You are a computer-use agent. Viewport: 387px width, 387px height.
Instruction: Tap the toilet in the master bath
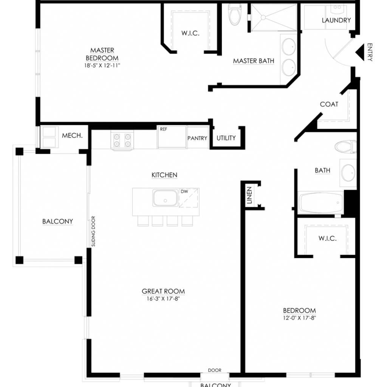pyautogui.click(x=235, y=14)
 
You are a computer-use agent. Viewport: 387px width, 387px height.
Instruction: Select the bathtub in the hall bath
pyautogui.click(x=320, y=203)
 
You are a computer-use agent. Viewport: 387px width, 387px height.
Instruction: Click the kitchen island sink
pyautogui.click(x=166, y=198)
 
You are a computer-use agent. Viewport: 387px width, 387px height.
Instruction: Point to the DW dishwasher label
pyautogui.click(x=184, y=192)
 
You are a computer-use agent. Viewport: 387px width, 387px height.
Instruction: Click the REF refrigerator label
pyautogui.click(x=163, y=129)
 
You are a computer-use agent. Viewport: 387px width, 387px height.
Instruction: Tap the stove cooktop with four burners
pyautogui.click(x=122, y=141)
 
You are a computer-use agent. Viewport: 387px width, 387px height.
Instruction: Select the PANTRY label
pyautogui.click(x=197, y=138)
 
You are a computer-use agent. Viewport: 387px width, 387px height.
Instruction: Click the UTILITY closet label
pyautogui.click(x=226, y=138)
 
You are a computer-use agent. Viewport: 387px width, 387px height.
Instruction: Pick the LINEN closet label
pyautogui.click(x=249, y=195)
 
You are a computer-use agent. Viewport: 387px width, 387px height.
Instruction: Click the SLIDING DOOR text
pyautogui.click(x=93, y=231)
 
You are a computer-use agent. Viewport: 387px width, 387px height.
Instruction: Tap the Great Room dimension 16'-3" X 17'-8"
pyautogui.click(x=163, y=299)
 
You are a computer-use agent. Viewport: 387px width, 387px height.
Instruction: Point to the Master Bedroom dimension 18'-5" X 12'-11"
pyautogui.click(x=102, y=65)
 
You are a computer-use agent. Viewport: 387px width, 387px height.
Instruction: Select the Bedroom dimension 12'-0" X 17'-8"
pyautogui.click(x=299, y=318)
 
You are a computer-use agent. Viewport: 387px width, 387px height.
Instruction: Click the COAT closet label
pyautogui.click(x=329, y=104)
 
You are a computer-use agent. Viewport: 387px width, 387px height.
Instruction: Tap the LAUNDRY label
pyautogui.click(x=336, y=20)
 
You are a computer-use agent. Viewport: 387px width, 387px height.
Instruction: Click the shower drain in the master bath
pyautogui.click(x=263, y=17)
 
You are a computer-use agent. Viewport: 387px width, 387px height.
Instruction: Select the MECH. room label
pyautogui.click(x=72, y=136)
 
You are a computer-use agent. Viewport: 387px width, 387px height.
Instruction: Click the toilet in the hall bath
pyautogui.click(x=345, y=147)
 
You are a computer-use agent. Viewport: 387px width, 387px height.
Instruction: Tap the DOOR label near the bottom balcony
pyautogui.click(x=215, y=370)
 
